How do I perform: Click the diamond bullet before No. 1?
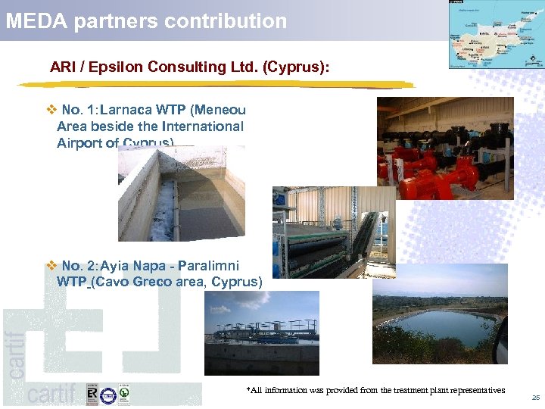point(51,110)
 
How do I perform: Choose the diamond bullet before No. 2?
point(51,266)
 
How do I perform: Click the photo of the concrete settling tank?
point(182,194)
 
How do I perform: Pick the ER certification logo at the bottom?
point(92,395)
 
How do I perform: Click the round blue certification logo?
point(108,395)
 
